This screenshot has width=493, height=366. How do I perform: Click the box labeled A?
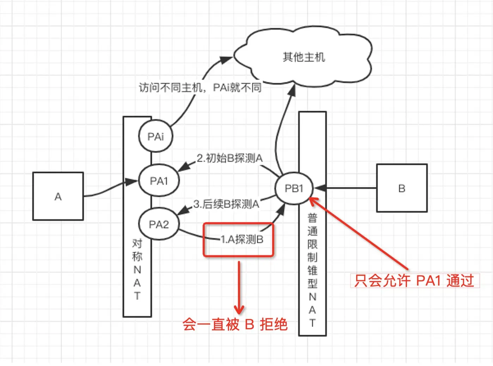coord(58,196)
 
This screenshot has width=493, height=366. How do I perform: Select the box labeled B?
coord(402,188)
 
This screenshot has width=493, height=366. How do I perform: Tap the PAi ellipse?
coord(156,136)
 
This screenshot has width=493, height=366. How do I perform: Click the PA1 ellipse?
coord(159,181)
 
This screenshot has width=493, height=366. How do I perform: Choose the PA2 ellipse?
coord(159,224)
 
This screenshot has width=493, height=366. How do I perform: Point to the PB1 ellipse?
coord(294,188)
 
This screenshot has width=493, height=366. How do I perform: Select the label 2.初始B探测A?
coord(230,158)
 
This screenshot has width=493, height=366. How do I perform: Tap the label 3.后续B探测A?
coord(226,204)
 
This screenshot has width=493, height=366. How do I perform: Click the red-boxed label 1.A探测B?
coord(242,240)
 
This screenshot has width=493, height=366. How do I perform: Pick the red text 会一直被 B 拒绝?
coord(235,324)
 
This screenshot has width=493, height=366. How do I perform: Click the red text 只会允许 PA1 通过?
coord(414,281)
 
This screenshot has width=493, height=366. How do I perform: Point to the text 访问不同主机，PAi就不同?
coord(200,87)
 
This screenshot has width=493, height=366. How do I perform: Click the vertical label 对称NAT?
coord(137,269)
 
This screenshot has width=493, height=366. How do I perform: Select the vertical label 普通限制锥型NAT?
coord(312,270)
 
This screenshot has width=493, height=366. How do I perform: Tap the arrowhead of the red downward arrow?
coord(239,310)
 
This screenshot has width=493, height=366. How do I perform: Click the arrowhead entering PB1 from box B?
coord(319,188)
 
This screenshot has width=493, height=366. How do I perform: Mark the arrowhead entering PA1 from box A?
coord(132,182)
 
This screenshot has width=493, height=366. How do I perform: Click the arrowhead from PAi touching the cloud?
coord(227,59)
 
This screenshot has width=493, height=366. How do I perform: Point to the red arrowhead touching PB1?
coord(313,201)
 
